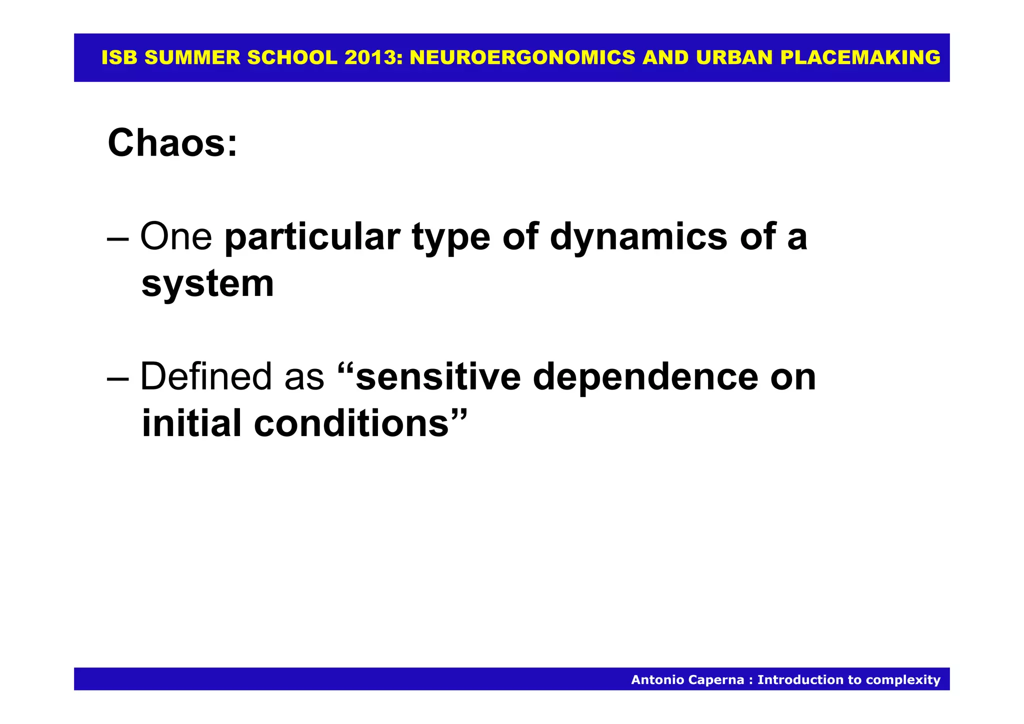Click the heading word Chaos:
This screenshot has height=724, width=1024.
point(172,143)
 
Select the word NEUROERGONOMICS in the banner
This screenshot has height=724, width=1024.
point(522,58)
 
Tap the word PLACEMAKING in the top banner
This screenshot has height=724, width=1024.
point(860,58)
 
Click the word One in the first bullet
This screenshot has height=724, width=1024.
point(176,236)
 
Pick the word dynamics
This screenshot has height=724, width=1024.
point(638,237)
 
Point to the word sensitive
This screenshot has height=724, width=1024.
point(438,376)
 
